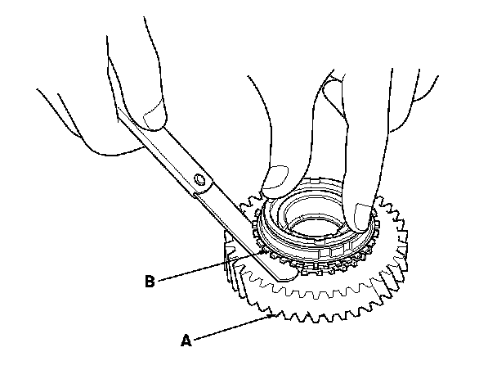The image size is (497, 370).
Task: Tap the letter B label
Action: click(x=149, y=282)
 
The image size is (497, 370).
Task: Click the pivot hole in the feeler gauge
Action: click(x=199, y=179)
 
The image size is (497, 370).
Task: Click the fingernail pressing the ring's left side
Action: click(x=275, y=174)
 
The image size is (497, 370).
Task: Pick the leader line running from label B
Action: click(x=208, y=268)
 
